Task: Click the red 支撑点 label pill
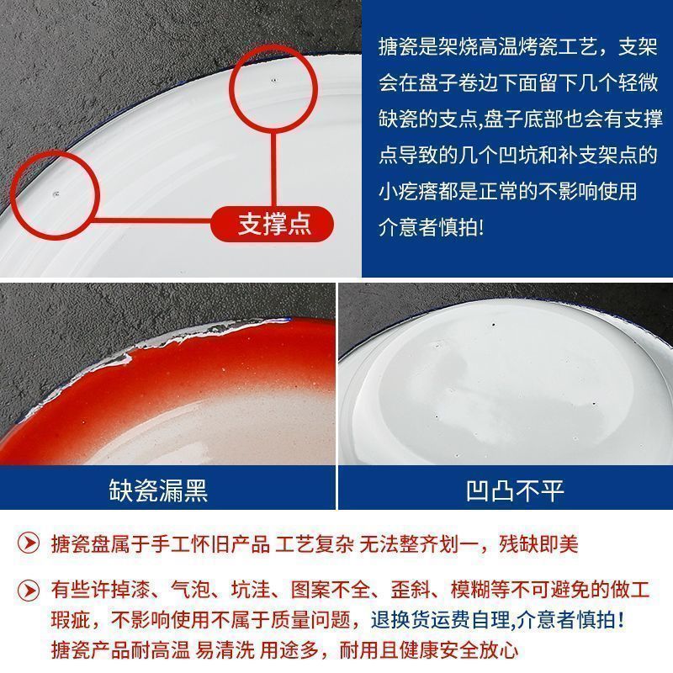pos(272,224)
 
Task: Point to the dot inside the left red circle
pos(56,194)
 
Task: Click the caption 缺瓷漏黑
pos(158,490)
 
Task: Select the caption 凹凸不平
pos(515,490)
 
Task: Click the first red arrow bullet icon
pos(29,543)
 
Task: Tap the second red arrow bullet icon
pos(29,591)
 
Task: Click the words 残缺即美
pos(538,543)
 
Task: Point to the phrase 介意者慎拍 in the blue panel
pos(432,227)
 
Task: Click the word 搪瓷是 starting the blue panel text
pos(408,46)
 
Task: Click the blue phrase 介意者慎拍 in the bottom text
pos(570,620)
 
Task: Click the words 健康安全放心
pos(459,649)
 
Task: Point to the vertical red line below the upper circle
pos(273,168)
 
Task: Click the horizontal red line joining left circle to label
pos(152,221)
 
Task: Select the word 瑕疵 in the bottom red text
pos(72,620)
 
